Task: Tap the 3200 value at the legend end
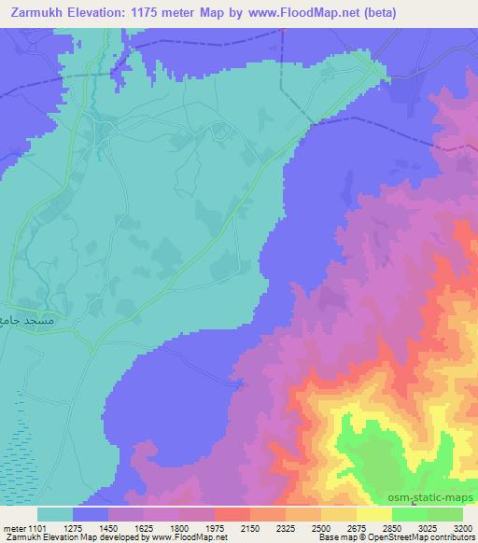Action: [x=461, y=527]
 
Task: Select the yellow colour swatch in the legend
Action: [x=373, y=514]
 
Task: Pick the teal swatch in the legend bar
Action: [x=55, y=514]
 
